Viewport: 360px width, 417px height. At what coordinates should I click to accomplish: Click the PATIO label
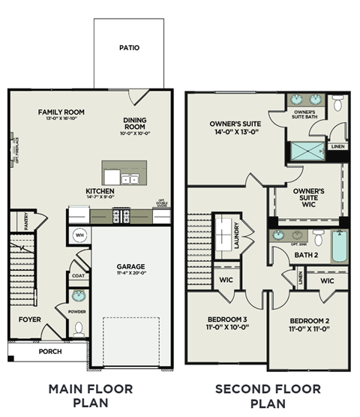click(x=129, y=48)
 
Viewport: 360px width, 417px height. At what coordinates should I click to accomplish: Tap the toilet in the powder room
click(x=79, y=328)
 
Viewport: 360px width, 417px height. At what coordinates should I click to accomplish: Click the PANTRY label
click(x=25, y=221)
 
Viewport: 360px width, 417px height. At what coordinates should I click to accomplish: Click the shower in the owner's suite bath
click(x=306, y=149)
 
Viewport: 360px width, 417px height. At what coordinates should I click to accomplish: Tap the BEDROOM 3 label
click(x=225, y=325)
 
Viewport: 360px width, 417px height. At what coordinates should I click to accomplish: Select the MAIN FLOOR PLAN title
click(x=90, y=395)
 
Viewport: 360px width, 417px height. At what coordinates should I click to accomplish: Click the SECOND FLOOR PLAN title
click(x=268, y=395)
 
